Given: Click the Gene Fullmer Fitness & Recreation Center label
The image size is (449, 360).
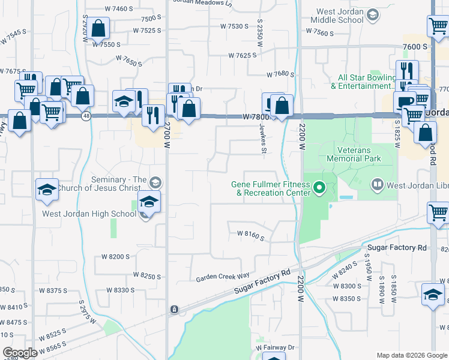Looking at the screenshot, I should pos(271,188).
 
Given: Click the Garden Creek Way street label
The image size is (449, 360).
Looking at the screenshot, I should pos(222,278).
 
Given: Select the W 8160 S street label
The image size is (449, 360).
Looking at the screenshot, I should pos(250,236).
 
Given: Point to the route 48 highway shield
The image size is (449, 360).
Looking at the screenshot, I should pos(86,116).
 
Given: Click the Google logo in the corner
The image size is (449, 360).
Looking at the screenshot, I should pos(20,353).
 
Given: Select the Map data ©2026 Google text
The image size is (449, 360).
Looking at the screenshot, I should pos(411,355).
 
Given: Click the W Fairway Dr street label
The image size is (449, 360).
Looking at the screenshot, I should pos(276,347).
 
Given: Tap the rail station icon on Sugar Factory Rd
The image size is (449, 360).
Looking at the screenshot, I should pos(174,309).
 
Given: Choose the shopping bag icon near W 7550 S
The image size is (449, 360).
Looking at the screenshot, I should pos(98,28).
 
